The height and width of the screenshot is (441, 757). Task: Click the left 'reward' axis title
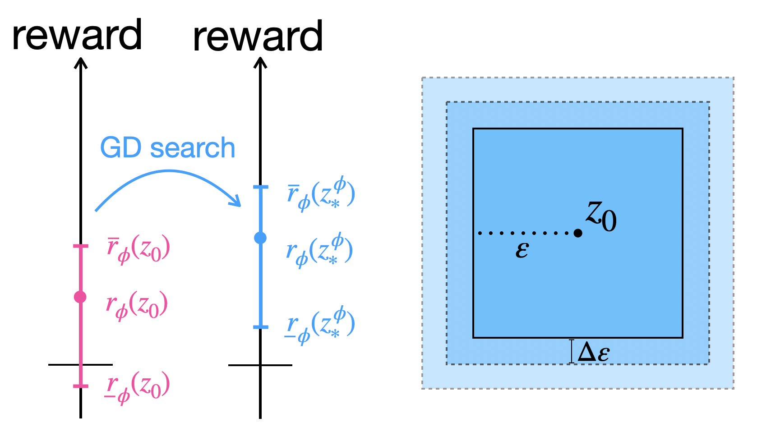[x=77, y=35]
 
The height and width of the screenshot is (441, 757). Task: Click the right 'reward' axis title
[x=258, y=37]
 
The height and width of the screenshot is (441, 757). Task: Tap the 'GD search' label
[x=167, y=147]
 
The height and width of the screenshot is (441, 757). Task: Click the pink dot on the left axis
[x=80, y=297]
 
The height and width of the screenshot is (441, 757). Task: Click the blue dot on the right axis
[x=260, y=238]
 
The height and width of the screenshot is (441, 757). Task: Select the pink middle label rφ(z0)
[x=137, y=305]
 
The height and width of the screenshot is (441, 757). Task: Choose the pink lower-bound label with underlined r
[x=137, y=386]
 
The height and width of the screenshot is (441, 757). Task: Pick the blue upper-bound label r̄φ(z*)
[x=321, y=194]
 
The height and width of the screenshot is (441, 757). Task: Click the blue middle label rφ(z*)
[x=319, y=250]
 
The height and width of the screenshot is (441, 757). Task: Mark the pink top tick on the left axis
[x=81, y=246]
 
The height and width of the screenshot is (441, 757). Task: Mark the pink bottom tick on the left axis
[x=81, y=386]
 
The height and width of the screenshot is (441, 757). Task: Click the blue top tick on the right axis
[x=260, y=187]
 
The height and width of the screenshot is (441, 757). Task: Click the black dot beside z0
[x=578, y=233]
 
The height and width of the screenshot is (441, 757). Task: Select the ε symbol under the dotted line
[x=522, y=250]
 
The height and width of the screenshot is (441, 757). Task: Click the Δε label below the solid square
[x=594, y=352]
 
